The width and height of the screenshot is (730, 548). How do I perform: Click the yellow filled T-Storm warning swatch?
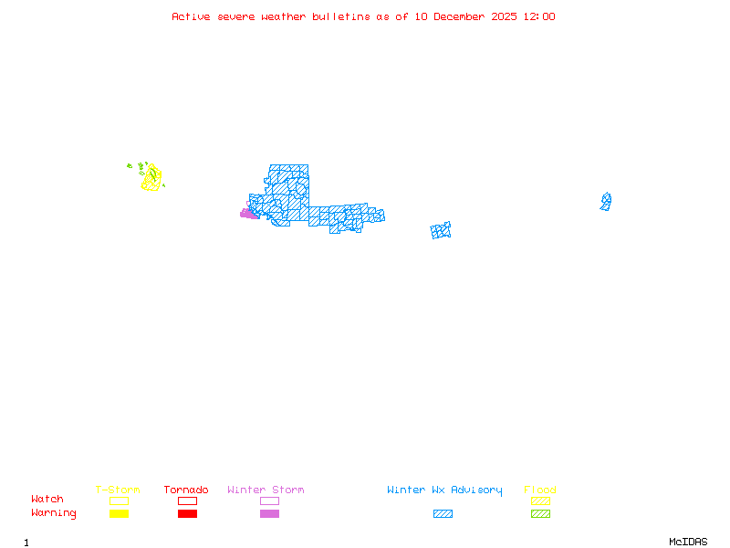pos(119,513)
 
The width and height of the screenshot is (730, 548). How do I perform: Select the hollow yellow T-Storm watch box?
pos(119,501)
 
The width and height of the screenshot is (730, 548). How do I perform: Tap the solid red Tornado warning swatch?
pos(187,513)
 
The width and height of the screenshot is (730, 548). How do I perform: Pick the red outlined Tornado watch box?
pos(187,501)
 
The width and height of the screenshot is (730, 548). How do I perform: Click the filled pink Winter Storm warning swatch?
pos(269,513)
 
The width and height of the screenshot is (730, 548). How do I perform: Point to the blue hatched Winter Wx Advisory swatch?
pos(443,513)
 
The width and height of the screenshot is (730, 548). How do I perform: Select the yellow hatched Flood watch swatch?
pos(540,501)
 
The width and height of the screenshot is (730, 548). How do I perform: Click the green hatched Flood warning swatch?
pos(540,513)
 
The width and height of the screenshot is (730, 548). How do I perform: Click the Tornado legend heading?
pos(186,490)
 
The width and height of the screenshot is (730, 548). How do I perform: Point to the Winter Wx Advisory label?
pos(444,490)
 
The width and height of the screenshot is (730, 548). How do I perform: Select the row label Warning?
pos(54,513)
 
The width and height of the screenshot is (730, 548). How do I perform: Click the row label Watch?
pos(47,500)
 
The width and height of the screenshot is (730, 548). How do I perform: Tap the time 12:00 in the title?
pos(537,16)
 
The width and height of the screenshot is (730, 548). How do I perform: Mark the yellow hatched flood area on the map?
pos(151,178)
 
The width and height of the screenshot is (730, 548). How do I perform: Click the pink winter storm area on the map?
pos(247,214)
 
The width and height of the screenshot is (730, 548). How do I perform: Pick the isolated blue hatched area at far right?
pos(606,201)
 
